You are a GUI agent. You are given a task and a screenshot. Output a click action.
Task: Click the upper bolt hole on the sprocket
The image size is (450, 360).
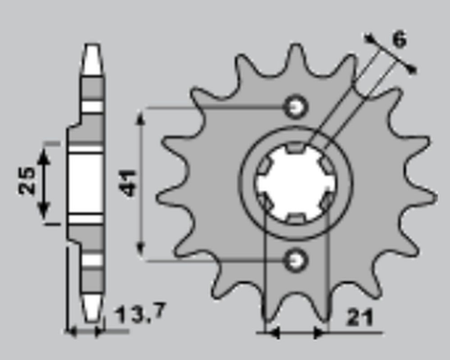(297, 107)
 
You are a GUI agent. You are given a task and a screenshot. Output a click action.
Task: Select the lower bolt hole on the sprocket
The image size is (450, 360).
(297, 257)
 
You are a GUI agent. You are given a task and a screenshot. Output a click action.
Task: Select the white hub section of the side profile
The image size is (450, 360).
(86, 183)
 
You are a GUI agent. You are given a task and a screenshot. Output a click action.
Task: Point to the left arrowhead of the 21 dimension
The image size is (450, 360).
(272, 331)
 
